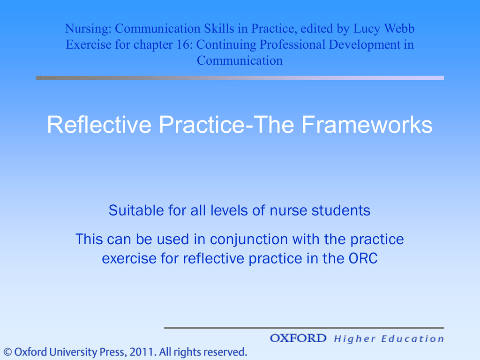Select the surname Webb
pos(399,28)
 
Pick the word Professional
pos(292,45)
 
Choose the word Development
pos(364,45)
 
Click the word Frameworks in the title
pos(367,125)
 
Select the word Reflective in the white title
pos(99,125)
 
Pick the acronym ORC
pos(363,258)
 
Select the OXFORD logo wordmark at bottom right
pos(298,338)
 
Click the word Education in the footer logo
pos(412,339)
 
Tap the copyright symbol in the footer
pos(7,352)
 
